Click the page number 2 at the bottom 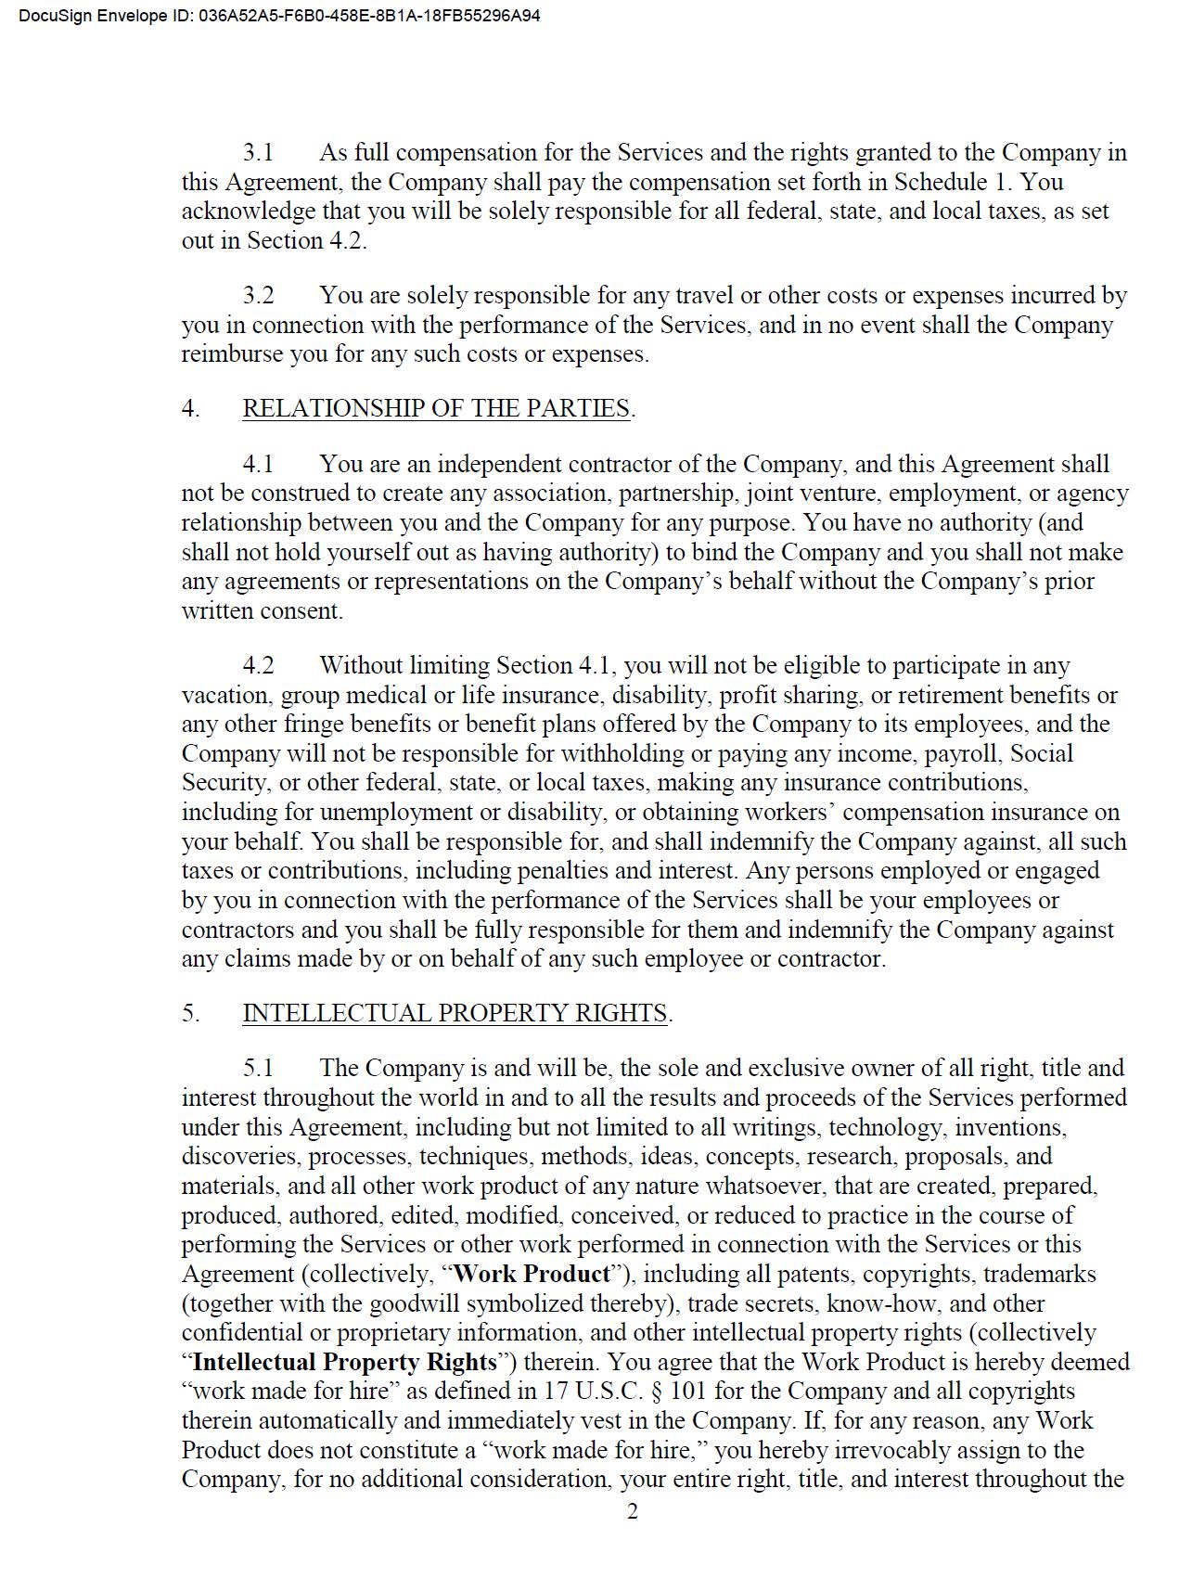633,1511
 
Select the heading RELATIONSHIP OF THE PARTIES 436,408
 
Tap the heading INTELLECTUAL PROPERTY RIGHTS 455,1013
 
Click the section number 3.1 259,152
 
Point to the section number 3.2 259,295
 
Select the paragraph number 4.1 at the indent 259,464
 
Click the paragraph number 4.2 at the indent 259,665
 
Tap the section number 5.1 259,1068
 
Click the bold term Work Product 532,1274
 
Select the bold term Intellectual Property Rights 345,1362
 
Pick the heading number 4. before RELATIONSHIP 190,408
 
